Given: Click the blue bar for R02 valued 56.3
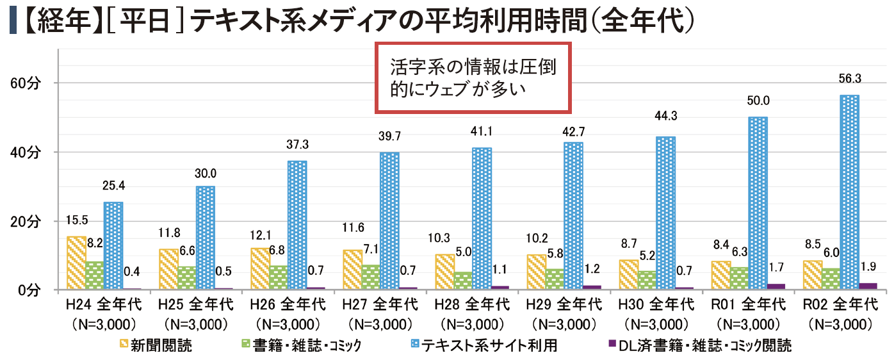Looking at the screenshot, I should click(849, 192).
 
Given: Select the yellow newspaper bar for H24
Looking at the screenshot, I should click(76, 263).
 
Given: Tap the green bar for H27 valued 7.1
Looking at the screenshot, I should click(370, 277).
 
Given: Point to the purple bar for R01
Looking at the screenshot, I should click(776, 287).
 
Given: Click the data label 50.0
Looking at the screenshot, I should click(758, 100).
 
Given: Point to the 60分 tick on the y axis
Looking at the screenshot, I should click(26, 83).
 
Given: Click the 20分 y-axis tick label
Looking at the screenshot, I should click(26, 221).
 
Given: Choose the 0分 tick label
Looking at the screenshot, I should click(29, 291).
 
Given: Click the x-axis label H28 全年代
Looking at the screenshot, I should click(472, 303).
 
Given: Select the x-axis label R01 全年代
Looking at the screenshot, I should click(748, 303).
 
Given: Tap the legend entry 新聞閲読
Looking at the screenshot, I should click(161, 346).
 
